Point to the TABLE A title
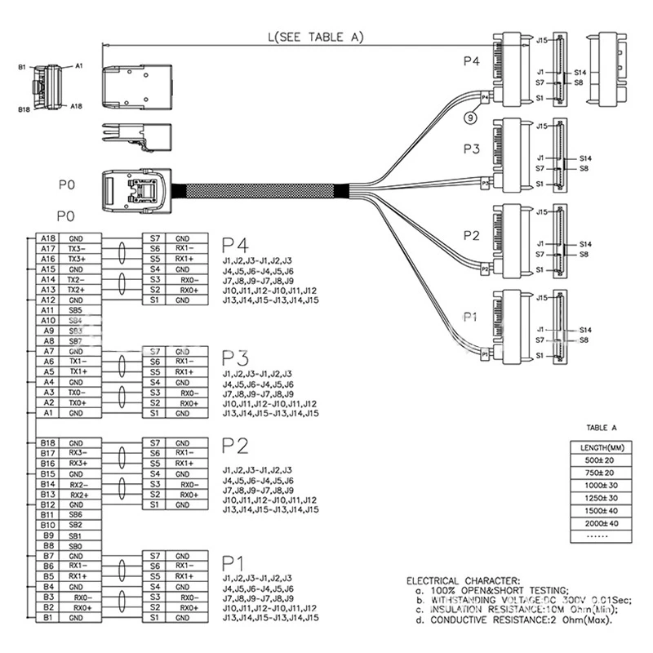click(602, 427)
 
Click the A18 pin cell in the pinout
click(47, 238)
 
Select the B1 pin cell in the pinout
click(47, 619)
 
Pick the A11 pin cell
click(47, 310)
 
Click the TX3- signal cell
click(76, 248)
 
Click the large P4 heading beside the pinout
click(235, 245)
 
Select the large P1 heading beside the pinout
click(235, 562)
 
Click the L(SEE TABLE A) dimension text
click(315, 37)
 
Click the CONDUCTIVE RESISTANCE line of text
click(522, 620)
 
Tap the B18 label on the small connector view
click(24, 106)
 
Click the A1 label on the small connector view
click(79, 64)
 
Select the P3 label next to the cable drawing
click(472, 149)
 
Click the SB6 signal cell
click(76, 515)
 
